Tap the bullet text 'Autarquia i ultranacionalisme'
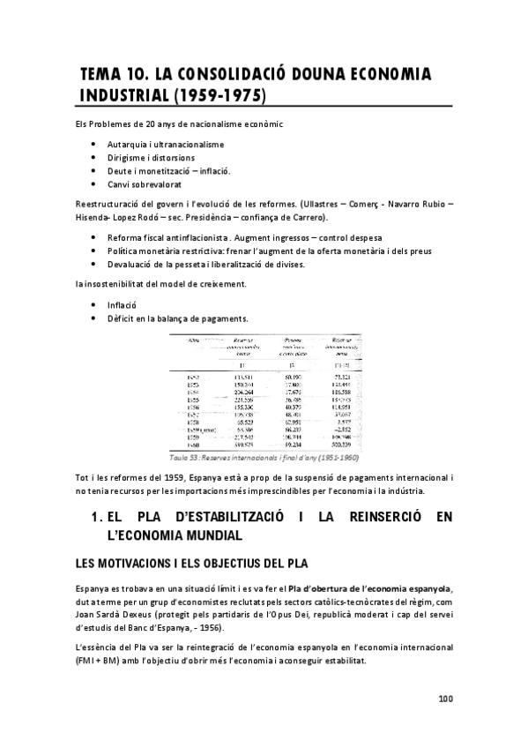pos(166,144)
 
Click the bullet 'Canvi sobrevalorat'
pos(145,184)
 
